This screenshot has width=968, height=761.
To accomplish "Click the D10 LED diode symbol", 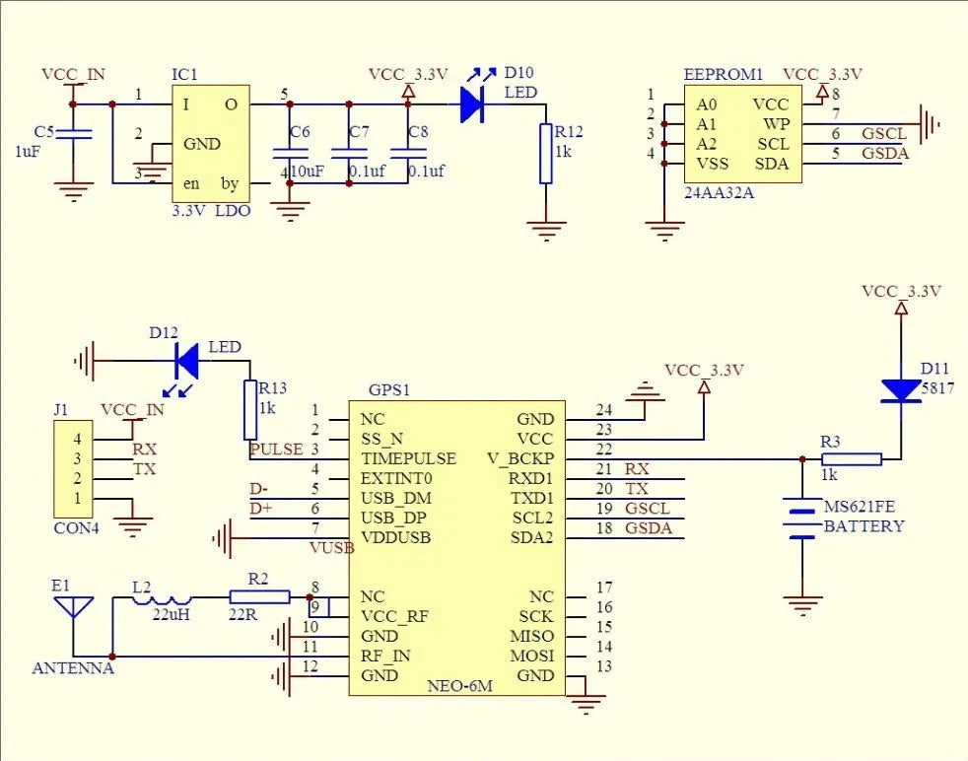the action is point(472,104).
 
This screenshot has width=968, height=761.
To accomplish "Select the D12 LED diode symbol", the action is point(187,361).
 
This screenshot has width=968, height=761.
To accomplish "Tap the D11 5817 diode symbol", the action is point(901,391).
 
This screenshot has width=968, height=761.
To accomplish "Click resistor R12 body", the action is point(546,154).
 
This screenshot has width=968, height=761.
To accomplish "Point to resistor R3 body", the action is point(852,458).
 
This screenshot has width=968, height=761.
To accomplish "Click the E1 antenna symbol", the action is point(74,606).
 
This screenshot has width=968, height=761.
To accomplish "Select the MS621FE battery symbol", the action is point(802,518).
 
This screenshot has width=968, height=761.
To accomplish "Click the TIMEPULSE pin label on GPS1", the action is point(409,458).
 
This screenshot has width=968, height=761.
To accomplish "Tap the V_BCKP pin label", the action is point(520,459).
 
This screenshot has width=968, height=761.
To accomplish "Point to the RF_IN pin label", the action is point(385,657).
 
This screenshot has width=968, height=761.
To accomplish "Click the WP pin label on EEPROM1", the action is point(777,124).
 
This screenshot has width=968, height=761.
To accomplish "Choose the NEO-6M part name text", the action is point(460,686).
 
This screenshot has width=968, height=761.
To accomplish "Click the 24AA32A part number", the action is point(720,192).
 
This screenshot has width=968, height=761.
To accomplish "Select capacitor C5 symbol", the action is point(74,134).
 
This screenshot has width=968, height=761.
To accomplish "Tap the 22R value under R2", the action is point(242,614).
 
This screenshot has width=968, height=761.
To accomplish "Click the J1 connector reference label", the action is point(61,410).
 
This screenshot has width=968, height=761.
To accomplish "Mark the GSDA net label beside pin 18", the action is point(649,527).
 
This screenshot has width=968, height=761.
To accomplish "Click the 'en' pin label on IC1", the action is point(191,184).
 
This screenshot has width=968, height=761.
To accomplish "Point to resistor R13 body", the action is point(250,410).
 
